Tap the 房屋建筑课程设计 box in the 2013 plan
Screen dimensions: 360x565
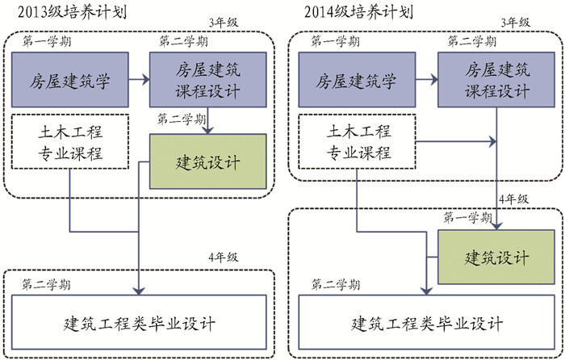[207, 79]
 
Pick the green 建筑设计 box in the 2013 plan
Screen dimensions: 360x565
[207, 161]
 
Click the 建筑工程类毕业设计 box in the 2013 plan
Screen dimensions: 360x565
[139, 323]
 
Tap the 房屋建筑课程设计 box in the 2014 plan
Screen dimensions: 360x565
[496, 79]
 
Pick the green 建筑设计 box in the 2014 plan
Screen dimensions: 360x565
[496, 257]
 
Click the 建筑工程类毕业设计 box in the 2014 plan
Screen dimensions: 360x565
[427, 323]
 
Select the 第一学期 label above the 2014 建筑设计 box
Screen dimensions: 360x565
[469, 218]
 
